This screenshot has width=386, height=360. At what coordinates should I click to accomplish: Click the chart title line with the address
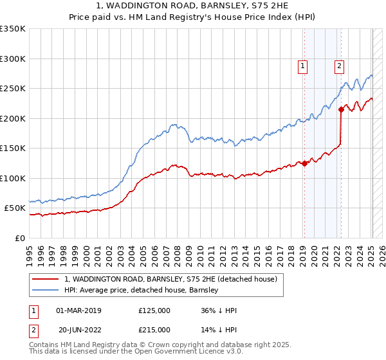pos(193,6)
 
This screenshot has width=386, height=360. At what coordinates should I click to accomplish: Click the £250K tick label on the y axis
pos(13,89)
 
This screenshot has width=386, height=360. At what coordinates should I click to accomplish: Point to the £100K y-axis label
pos(13,178)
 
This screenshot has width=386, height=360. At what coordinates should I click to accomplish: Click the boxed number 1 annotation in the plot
pos(302,65)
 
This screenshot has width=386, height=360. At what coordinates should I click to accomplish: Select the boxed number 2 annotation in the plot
pos(339,65)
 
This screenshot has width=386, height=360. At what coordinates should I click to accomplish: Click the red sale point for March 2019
pos(304,163)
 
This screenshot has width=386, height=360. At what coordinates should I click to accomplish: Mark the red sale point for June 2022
pos(342,110)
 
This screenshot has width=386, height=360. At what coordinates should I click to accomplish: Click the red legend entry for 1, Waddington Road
pos(170,279)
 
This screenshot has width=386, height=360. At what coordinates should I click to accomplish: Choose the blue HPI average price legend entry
pos(142,290)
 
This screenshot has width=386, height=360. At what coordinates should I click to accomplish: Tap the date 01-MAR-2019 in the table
pos(79,310)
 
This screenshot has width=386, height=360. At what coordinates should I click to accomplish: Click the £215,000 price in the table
pos(154,330)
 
